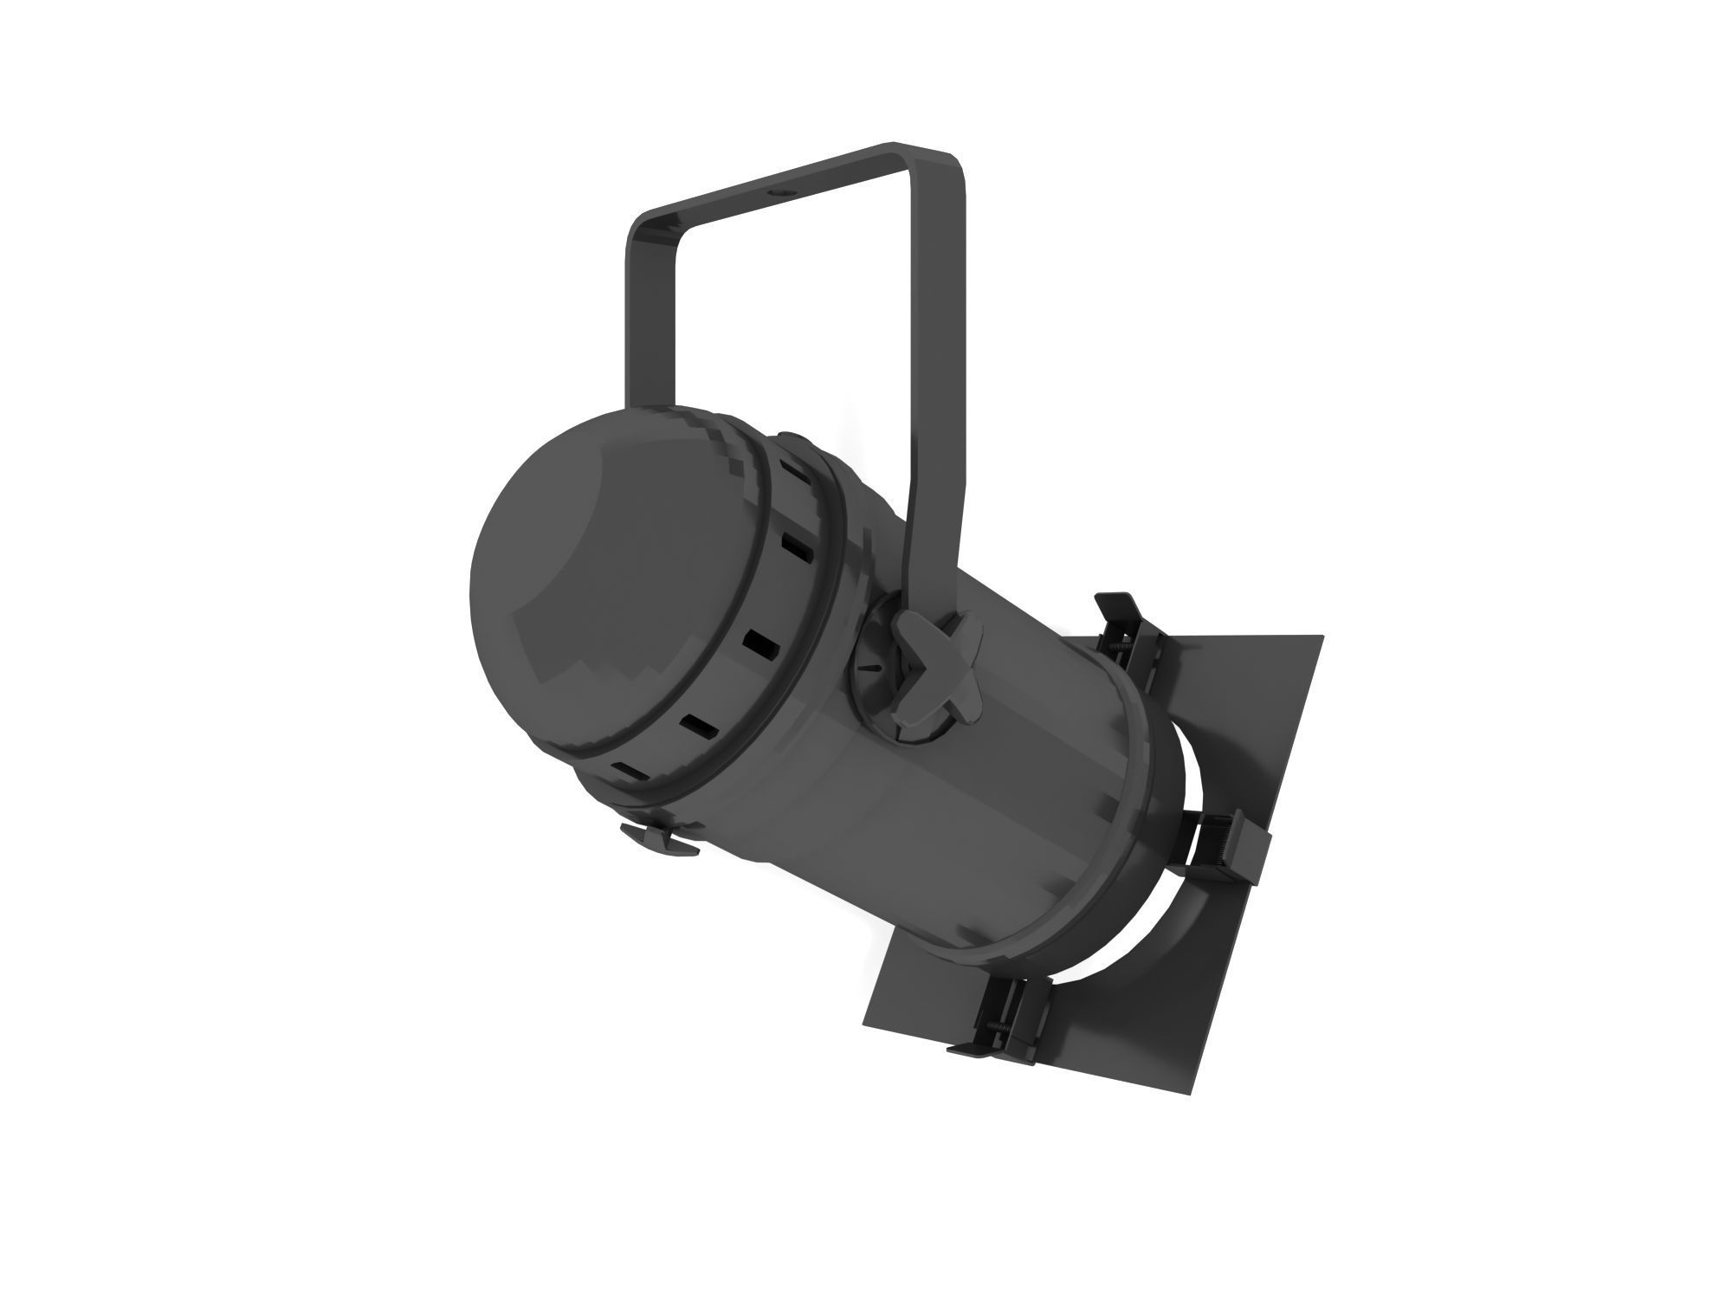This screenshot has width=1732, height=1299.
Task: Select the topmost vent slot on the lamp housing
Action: click(790, 474)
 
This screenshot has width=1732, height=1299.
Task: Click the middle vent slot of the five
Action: click(759, 643)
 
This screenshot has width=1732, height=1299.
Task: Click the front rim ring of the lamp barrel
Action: click(1143, 779)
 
